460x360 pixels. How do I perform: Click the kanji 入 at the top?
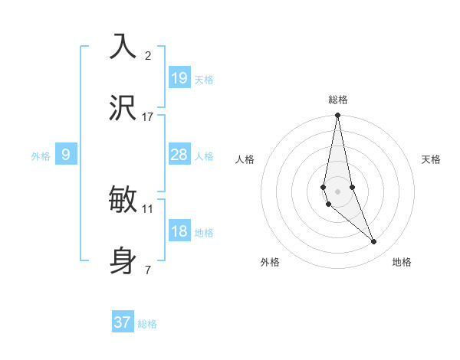pos(123,46)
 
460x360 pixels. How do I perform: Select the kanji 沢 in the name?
pos(123,107)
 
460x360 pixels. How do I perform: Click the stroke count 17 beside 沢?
pos(148,116)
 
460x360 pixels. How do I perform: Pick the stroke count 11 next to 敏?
pos(148,208)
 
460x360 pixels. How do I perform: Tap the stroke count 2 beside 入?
pos(148,55)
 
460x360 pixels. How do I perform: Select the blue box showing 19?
pos(179,77)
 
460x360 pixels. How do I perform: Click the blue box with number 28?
pos(179,155)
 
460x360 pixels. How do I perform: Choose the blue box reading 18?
pos(179,231)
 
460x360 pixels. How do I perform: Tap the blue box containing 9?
pos(66,155)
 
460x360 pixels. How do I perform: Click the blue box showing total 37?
pos(123,322)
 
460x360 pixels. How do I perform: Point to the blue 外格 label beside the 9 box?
pos(41,156)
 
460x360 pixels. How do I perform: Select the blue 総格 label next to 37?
pos(147,324)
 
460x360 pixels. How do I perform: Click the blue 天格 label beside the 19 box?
pos(204,79)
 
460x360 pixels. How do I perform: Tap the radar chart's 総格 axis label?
pos(338,100)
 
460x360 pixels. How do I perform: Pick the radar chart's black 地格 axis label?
pos(402,262)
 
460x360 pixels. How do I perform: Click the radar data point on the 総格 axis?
pos(338,116)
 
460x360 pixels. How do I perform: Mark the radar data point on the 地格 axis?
pos(374,242)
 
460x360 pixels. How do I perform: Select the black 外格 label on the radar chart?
pos(270,262)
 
